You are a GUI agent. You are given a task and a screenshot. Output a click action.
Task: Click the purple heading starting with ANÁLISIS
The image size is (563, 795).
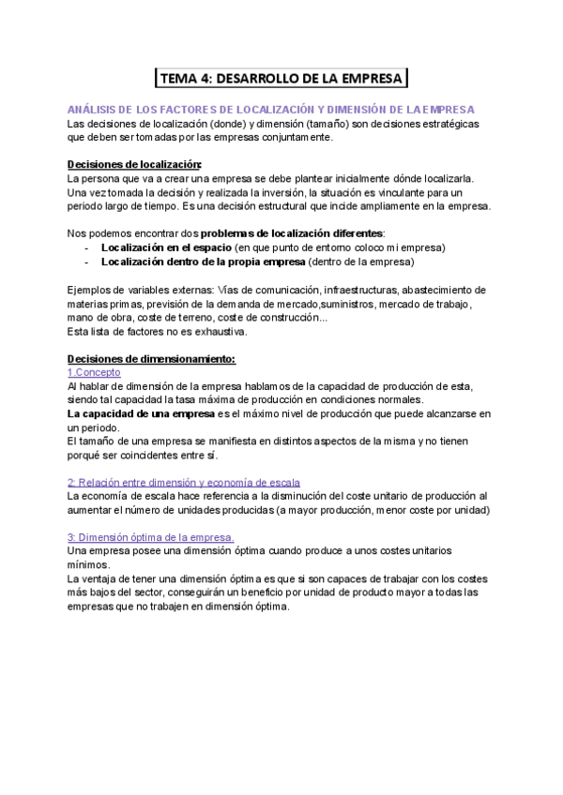point(271,110)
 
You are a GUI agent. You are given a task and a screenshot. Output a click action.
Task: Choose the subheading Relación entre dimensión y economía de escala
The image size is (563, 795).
point(185,482)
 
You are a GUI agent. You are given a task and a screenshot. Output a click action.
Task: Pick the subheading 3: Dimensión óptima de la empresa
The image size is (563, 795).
point(151,536)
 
